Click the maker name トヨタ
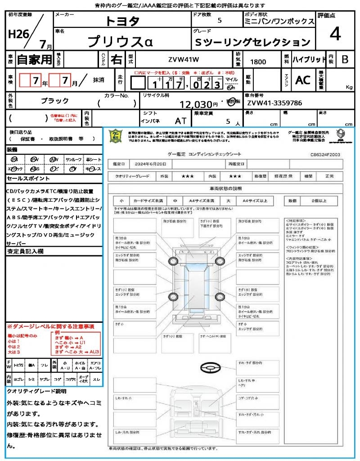(x=122, y=21)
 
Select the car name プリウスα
(x=120, y=42)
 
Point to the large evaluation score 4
(x=335, y=34)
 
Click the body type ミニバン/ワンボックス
(x=279, y=22)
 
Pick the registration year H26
(x=18, y=34)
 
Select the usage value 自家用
(x=34, y=59)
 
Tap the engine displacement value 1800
(x=258, y=62)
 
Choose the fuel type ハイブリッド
(x=309, y=59)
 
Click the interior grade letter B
(x=345, y=59)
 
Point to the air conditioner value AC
(x=303, y=80)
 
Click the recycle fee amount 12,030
(x=196, y=104)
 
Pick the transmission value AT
(x=180, y=121)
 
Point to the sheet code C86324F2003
(x=325, y=154)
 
